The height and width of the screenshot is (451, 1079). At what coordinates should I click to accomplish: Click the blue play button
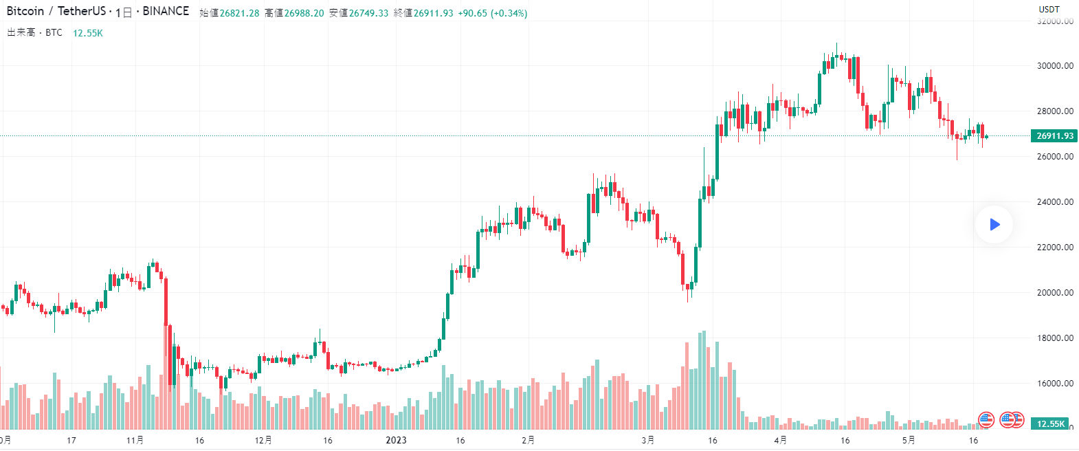coord(994,224)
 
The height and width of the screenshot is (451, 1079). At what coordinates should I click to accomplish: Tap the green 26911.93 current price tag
coord(1054,136)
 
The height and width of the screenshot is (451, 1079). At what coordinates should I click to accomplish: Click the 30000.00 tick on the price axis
coord(1055,66)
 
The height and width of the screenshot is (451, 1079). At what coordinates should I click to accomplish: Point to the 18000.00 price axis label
coord(1055,338)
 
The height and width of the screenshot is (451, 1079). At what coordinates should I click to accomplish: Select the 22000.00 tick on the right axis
coord(1055,247)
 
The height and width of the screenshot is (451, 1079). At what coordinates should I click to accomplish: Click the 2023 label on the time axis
coord(396,440)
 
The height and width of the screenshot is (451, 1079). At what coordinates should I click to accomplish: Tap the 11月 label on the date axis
coord(135,440)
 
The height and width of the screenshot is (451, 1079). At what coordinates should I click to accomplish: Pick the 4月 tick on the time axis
coord(780,440)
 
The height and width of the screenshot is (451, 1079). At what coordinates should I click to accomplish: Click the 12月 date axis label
coord(263,440)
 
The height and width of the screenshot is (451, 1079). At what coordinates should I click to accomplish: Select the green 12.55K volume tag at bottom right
coord(1050,423)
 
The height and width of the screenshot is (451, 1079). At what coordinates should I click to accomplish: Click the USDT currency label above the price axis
coord(1049,10)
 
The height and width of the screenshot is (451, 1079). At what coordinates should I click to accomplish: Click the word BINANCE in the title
coord(166,11)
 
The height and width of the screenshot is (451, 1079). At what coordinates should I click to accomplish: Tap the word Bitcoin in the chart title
coord(25,11)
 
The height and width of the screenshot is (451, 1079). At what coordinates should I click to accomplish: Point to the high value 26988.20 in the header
coord(304,13)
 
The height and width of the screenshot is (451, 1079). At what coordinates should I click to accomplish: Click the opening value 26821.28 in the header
coord(239,13)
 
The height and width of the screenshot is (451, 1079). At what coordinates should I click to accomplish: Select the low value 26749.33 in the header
coord(368,13)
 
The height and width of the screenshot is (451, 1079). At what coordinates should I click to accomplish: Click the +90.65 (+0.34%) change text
coord(493,13)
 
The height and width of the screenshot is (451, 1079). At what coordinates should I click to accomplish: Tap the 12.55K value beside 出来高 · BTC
coord(88,33)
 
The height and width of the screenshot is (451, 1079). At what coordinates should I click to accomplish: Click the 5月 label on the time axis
coord(909,440)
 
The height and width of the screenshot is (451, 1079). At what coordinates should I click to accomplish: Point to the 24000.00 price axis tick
coord(1055,202)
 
